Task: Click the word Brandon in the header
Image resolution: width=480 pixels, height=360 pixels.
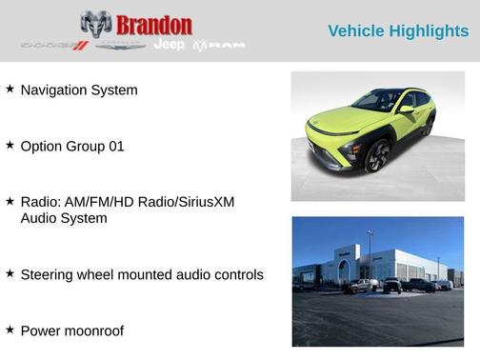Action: [154, 25]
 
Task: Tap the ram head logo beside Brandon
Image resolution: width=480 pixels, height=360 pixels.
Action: [95, 24]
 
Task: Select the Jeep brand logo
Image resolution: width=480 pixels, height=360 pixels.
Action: [169, 45]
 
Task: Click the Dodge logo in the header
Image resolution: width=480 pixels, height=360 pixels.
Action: [54, 45]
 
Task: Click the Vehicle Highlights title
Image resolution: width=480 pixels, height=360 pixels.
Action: [398, 31]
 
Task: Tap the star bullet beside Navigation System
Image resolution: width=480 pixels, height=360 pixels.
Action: [10, 89]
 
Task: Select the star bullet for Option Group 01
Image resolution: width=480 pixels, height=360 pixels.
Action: [10, 146]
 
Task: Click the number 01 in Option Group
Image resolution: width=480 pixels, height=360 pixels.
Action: [114, 147]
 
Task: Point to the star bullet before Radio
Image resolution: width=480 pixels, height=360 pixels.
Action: [10, 201]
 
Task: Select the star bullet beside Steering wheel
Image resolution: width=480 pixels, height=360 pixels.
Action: [10, 273]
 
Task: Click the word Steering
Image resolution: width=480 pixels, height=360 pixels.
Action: [49, 274]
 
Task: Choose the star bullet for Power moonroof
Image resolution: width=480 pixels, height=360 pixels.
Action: [10, 329]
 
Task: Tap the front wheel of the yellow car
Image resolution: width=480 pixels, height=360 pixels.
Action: [377, 155]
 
